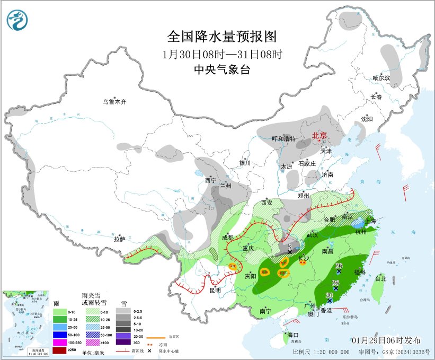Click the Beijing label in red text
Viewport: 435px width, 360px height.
[320, 135]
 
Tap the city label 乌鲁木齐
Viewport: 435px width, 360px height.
[115, 101]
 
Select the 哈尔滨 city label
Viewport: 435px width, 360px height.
[380, 78]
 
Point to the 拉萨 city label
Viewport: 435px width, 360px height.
[119, 239]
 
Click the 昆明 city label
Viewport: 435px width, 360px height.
[215, 291]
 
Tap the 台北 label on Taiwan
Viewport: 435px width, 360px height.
[380, 278]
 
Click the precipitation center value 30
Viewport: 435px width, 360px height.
[329, 295]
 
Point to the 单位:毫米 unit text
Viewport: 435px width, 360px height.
[93, 352]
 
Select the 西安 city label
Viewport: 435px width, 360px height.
[267, 203]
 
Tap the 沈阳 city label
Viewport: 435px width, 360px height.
[367, 119]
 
